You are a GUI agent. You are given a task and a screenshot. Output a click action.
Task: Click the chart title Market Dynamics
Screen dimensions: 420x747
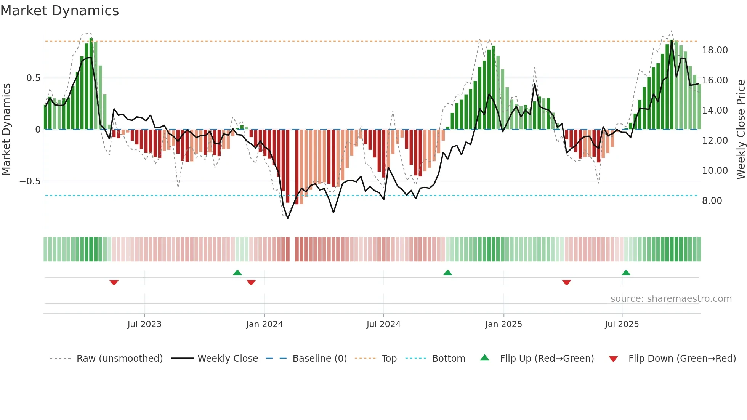59,11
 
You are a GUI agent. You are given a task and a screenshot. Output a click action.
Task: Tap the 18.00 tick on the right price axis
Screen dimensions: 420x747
715,50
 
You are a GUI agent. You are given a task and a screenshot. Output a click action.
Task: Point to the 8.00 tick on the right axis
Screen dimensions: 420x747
712,201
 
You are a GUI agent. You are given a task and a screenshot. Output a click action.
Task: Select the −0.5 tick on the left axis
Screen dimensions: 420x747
30,181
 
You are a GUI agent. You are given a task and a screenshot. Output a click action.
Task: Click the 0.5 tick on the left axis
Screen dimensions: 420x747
33,78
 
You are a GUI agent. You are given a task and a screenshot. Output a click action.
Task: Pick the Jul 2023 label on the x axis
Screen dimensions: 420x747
144,324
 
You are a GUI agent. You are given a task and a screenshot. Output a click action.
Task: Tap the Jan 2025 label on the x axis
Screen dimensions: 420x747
503,324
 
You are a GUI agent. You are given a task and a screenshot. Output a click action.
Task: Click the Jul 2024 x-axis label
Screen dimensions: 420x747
383,324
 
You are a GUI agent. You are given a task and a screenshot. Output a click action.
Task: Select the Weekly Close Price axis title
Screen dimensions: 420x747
741,130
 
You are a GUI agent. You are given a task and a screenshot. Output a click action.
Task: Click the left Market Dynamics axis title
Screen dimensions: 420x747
6,130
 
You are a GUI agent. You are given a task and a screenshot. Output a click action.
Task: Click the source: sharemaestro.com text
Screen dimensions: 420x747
671,299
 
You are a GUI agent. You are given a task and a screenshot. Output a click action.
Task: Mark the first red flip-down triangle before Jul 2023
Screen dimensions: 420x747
114,282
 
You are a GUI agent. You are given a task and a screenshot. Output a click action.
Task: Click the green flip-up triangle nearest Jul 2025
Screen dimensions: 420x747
626,273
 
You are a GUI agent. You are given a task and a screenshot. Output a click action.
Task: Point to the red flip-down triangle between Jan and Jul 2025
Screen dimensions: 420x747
566,282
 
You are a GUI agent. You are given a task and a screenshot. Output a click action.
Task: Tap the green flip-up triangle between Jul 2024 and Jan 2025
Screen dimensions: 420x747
448,273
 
